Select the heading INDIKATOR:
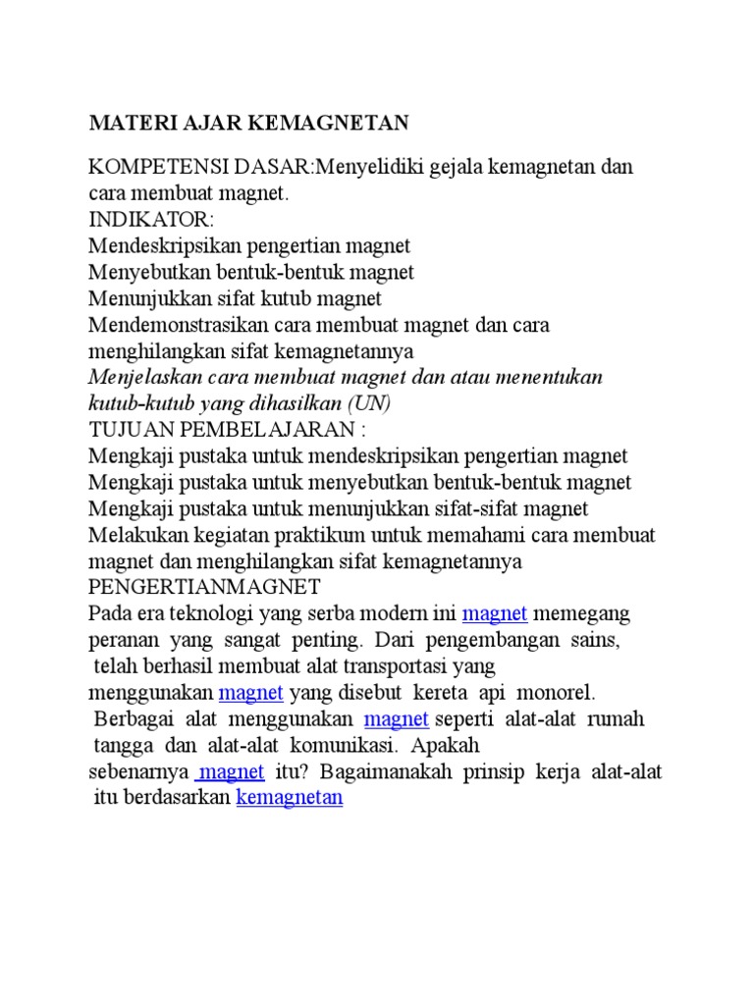click(150, 219)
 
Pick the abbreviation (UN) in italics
click(368, 403)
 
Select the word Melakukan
click(132, 536)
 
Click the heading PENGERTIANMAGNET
click(204, 588)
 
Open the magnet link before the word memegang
click(495, 614)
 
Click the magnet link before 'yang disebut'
click(251, 694)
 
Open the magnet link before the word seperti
click(397, 720)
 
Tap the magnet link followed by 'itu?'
click(232, 772)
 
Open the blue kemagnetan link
click(290, 799)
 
